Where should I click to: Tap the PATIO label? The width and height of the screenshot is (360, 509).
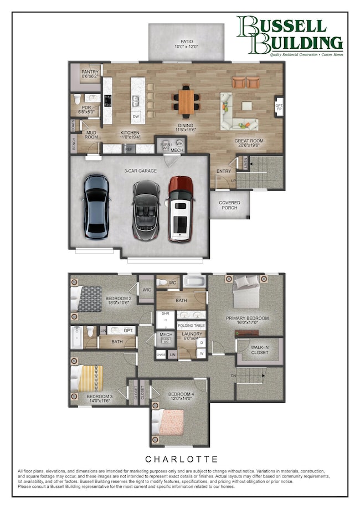186,44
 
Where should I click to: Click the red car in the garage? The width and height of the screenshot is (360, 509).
180,209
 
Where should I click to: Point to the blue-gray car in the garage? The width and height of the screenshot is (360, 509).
97,205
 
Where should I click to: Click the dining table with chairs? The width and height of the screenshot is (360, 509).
187,101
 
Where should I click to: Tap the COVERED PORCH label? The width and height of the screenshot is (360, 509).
229,206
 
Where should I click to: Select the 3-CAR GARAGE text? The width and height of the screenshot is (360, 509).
141,171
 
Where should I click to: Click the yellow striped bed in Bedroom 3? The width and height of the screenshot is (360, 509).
88,378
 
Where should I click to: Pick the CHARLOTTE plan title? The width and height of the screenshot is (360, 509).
179,459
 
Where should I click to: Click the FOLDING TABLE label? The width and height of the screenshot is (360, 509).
192,326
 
